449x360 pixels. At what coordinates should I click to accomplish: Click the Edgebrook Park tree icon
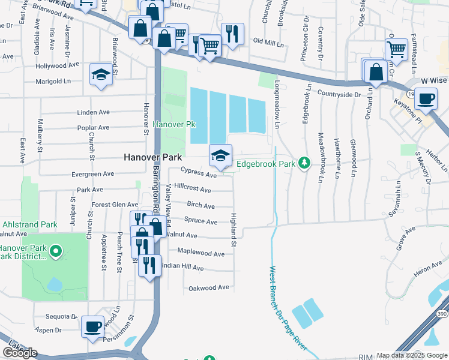pos(305,163)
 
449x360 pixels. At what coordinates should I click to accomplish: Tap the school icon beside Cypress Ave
pos(220,156)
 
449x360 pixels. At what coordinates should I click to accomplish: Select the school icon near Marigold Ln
pos(101,74)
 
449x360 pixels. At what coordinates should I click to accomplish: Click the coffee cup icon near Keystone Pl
pos(426,99)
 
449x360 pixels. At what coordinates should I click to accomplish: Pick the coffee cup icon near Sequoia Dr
pos(92,327)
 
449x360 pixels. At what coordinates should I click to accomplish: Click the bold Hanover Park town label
pos(152,157)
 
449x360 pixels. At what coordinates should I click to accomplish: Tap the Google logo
pos(20,353)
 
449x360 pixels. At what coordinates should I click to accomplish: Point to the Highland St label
pos(234,228)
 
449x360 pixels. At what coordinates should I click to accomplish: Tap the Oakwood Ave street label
pos(209,288)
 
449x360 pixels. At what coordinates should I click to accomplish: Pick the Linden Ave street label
pos(93,113)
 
